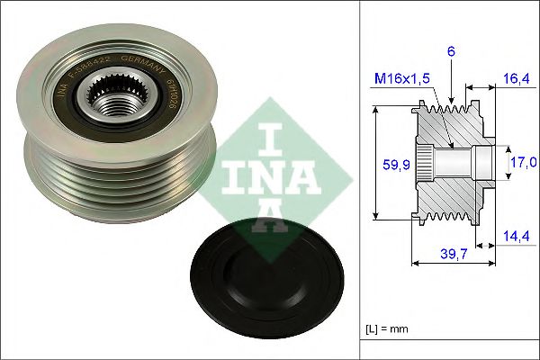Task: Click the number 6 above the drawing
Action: (451, 52)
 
